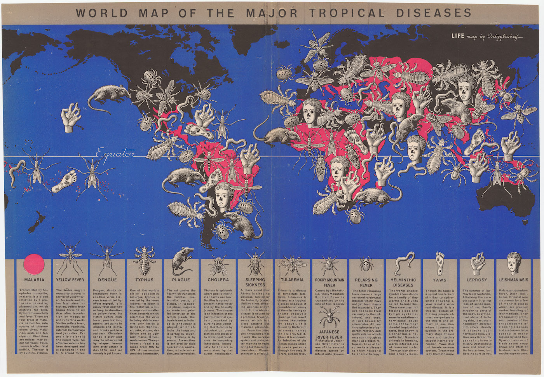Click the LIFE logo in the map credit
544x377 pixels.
(458, 36)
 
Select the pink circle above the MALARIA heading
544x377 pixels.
(34, 264)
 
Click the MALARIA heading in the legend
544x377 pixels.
(34, 280)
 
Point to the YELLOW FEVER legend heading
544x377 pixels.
(70, 280)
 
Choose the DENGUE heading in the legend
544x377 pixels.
(107, 280)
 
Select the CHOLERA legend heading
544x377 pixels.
(218, 280)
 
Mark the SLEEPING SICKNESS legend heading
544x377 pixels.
(255, 282)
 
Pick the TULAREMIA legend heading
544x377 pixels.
(292, 280)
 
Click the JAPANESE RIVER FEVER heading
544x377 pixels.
(329, 335)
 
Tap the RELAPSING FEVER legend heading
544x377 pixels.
(366, 282)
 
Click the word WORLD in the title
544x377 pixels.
(102, 13)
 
